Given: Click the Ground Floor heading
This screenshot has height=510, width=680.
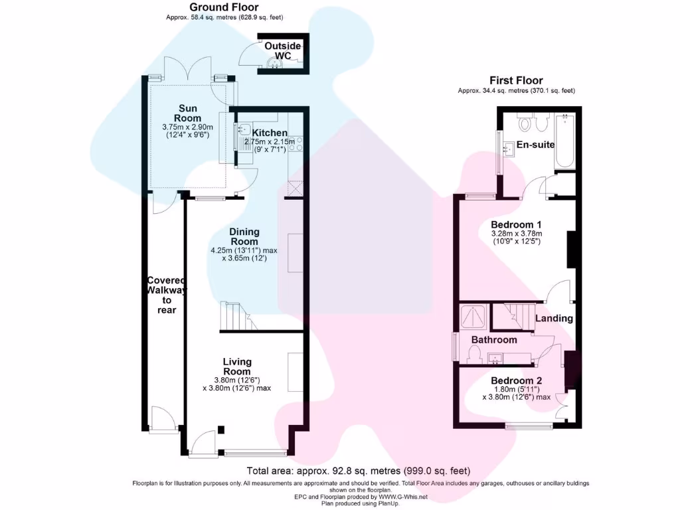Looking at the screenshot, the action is click(x=224, y=7).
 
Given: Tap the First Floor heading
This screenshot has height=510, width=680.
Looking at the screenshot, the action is click(x=516, y=80).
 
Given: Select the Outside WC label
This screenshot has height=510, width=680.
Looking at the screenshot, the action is click(x=282, y=50).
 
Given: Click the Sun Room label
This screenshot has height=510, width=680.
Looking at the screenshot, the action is click(x=187, y=113).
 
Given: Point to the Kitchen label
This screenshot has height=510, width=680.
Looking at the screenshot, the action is click(x=270, y=133).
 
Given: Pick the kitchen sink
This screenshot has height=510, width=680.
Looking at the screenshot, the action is click(x=243, y=129).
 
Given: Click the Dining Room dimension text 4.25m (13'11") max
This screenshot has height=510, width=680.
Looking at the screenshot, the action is click(x=244, y=250).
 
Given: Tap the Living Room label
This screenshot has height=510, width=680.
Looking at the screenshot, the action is click(x=237, y=367).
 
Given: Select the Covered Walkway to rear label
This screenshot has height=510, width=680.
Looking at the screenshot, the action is click(x=167, y=295).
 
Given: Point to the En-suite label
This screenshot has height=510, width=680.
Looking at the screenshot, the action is click(x=536, y=145).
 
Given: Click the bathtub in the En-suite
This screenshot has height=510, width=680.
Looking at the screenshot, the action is click(x=564, y=142).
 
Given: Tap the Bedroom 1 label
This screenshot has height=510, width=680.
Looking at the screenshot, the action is click(x=516, y=224).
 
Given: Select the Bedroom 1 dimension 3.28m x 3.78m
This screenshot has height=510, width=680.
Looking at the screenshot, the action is click(x=517, y=234).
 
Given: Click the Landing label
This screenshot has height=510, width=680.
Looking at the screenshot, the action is click(x=554, y=318).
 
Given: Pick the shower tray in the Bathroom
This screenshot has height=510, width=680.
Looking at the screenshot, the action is click(x=473, y=318).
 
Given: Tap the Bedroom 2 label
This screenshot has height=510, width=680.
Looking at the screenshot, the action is click(x=516, y=381).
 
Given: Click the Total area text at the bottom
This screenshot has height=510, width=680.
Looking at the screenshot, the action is click(x=358, y=471).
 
